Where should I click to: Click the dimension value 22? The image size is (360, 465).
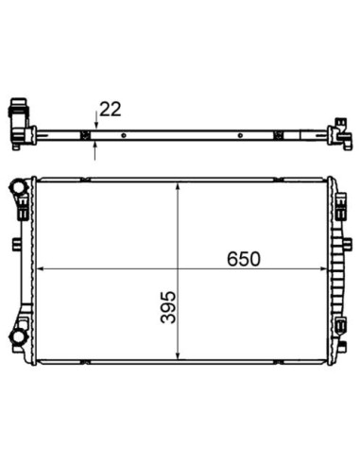point(111,110)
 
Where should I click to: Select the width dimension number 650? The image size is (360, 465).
point(244,259)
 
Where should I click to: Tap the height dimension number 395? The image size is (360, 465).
point(168,307)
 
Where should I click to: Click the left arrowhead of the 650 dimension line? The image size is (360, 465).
point(40,268)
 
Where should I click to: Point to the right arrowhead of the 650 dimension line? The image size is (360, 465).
point(323,268)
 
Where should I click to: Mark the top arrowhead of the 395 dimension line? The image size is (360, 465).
point(179,186)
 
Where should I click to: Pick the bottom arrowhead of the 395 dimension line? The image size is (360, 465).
point(179,355)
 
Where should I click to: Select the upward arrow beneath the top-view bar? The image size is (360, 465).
point(95,150)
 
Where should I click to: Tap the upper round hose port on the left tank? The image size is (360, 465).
point(18,188)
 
